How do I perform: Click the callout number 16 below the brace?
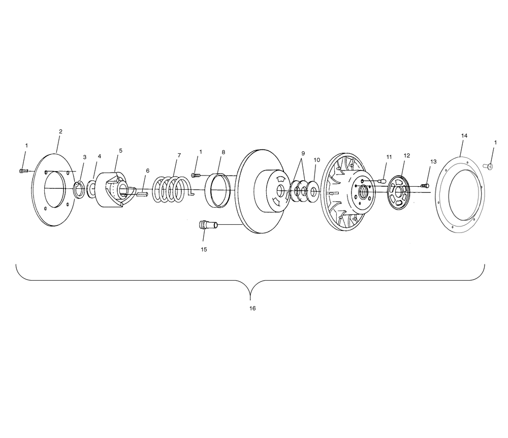[252, 308]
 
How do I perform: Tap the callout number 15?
[204, 249]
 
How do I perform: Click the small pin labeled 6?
[142, 194]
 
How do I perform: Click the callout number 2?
[60, 131]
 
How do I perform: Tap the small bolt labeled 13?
[425, 185]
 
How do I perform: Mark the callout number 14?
[464, 136]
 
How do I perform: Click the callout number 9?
[303, 153]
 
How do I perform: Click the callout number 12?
[407, 155]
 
